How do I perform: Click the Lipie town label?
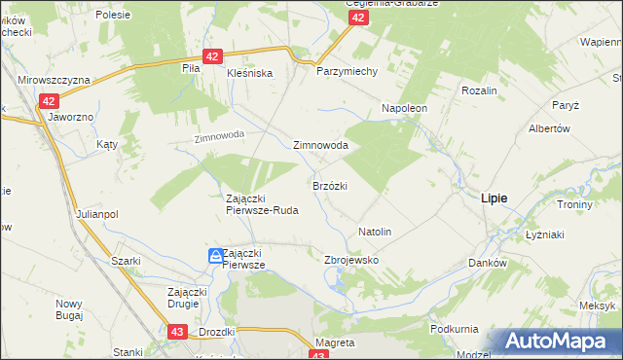pyautogui.click(x=494, y=198)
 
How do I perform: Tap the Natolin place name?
pyautogui.click(x=375, y=233)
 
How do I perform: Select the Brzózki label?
pyautogui.click(x=330, y=185)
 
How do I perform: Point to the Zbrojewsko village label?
pyautogui.click(x=350, y=261)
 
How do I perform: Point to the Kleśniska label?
pyautogui.click(x=250, y=73)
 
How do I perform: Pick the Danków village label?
pyautogui.click(x=488, y=264)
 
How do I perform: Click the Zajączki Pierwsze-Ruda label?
pyautogui.click(x=262, y=203)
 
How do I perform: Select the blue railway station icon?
pyautogui.click(x=215, y=256)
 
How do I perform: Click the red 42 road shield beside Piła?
pyautogui.click(x=211, y=57)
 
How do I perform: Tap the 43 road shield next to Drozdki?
pyautogui.click(x=177, y=332)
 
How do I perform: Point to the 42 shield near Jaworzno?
pyautogui.click(x=50, y=100)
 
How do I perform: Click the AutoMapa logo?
pyautogui.click(x=559, y=342)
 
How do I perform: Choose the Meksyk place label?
pyautogui.click(x=596, y=306)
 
